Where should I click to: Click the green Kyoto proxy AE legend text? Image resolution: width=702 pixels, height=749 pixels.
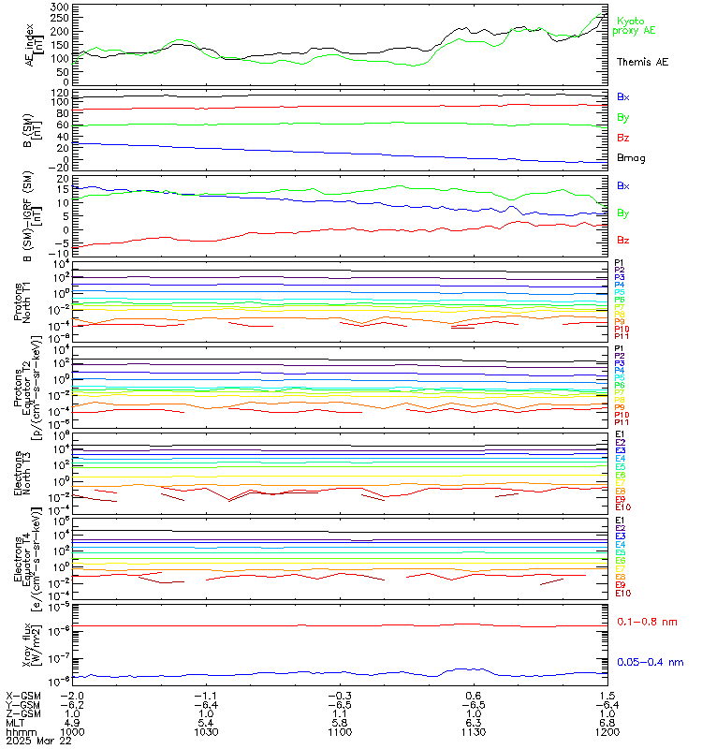point(636,25)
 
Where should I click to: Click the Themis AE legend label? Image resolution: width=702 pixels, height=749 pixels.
point(642,62)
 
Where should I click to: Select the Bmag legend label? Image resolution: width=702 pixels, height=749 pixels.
point(631,157)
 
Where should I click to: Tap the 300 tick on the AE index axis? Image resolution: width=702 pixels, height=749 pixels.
point(60,7)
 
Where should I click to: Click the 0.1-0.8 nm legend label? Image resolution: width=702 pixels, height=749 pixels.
point(649,622)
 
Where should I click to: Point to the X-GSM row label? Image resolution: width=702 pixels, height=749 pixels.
point(22,696)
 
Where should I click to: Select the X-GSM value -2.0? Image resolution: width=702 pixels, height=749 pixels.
point(73,696)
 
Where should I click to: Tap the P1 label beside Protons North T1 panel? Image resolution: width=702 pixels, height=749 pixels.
point(620,263)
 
